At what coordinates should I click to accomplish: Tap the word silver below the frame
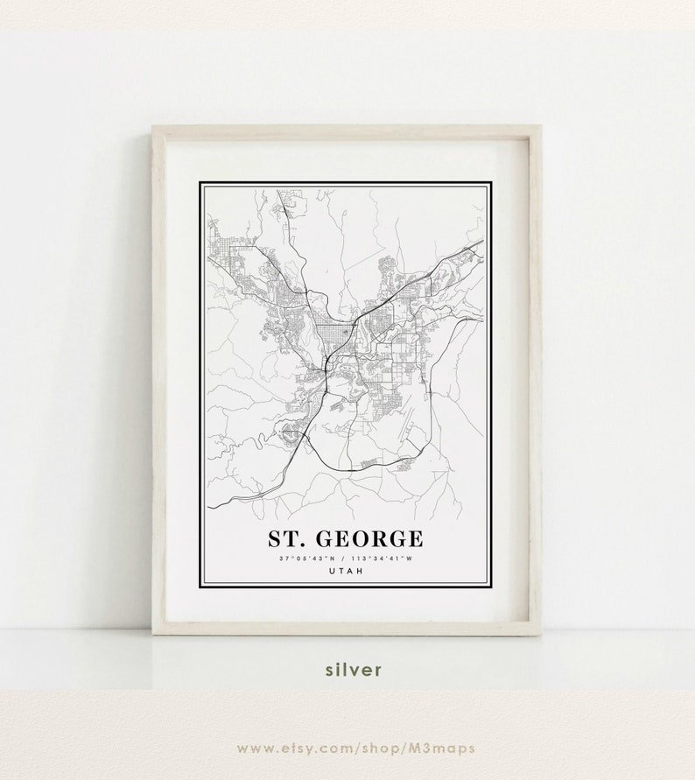(354, 670)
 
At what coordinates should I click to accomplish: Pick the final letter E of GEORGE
(414, 537)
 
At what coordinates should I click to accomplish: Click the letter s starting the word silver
(330, 670)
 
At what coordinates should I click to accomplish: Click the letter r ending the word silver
(378, 670)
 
